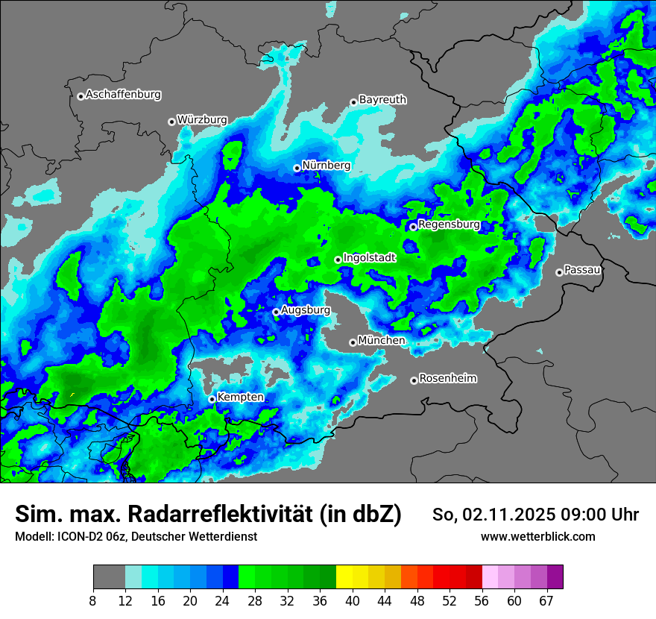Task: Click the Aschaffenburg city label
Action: point(123,95)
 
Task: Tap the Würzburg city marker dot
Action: point(171,122)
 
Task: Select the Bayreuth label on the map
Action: point(382,99)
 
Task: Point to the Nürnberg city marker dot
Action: point(297,169)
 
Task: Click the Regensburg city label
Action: point(449,224)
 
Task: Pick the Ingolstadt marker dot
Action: point(338,260)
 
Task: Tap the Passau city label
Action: point(582,269)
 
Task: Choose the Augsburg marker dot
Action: point(276,312)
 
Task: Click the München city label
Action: point(382,340)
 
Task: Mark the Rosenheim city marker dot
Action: point(414,381)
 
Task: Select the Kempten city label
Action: point(240,397)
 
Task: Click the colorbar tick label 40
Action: point(353,601)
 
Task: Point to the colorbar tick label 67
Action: point(546,601)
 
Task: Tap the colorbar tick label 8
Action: point(93,601)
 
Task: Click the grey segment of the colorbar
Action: point(109,577)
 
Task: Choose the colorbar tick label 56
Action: point(482,601)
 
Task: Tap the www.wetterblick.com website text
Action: point(537,536)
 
